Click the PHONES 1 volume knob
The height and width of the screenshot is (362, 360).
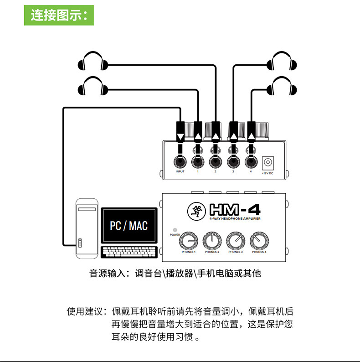(189, 241)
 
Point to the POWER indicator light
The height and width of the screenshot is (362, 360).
(175, 230)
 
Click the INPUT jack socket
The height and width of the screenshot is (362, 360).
(180, 162)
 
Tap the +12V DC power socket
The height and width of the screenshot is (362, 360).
(267, 162)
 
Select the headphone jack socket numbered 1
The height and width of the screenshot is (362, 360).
(198, 162)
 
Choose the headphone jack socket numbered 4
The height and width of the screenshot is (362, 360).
(251, 162)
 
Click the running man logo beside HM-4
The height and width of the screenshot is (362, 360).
(196, 211)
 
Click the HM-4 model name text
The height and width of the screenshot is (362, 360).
(235, 210)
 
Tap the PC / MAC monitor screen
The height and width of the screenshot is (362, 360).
(129, 226)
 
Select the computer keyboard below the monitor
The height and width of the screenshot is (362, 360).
(129, 252)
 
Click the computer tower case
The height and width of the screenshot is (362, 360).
(87, 228)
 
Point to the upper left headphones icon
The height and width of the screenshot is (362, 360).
(93, 61)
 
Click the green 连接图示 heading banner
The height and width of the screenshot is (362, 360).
(59, 15)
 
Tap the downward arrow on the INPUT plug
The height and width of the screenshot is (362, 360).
(180, 137)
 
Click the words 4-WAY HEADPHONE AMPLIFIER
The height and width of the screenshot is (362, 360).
(235, 219)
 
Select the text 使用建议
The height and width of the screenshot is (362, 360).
(84, 311)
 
